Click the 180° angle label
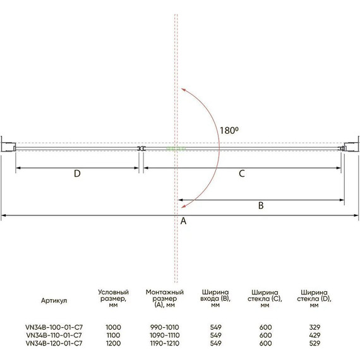coord(229,130)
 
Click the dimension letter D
coord(77,174)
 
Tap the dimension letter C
coord(241,174)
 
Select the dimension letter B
coord(261,205)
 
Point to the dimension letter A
coord(183,221)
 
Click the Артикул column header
coord(54,301)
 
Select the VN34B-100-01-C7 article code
coord(54,327)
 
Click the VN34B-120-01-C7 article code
coord(54,343)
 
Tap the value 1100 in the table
coord(113,335)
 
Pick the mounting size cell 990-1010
coord(165,327)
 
